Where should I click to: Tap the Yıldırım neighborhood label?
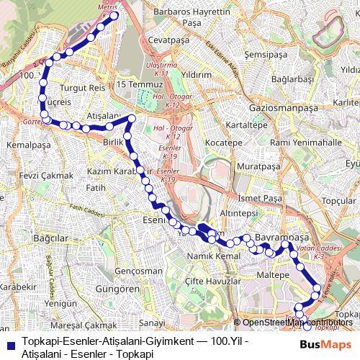coord(196,74)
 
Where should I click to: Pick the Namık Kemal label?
coord(212,257)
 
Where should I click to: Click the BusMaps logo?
coord(320,345)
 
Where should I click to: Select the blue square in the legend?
coord(11,344)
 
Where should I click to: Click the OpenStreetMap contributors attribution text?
coord(295,323)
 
